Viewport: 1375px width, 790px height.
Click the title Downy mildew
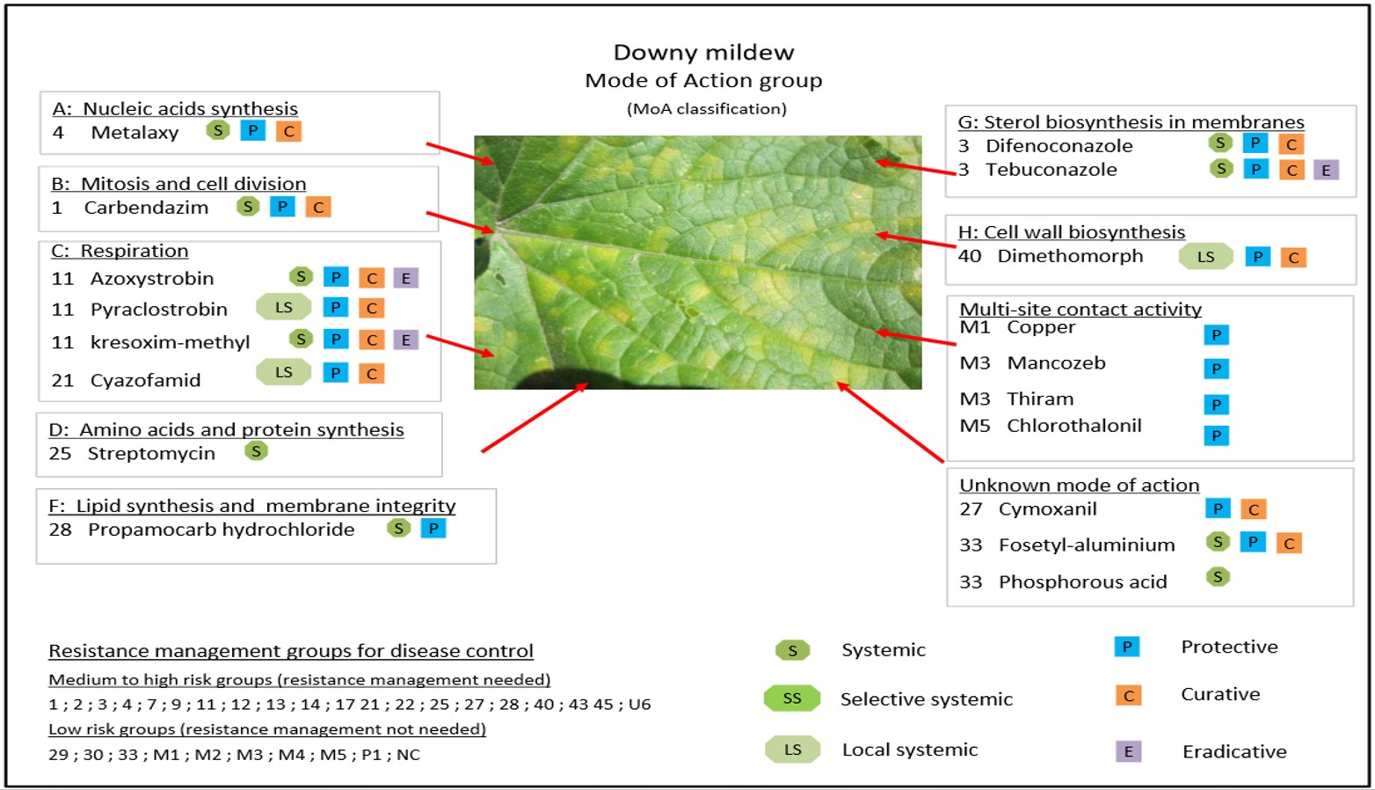(x=703, y=53)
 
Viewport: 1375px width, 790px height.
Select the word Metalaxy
(x=135, y=133)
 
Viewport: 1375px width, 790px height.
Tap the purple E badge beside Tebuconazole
(x=1326, y=170)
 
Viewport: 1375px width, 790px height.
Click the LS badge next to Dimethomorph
(x=1205, y=257)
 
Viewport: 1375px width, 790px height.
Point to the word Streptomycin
(x=151, y=454)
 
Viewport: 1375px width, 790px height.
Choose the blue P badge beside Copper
(x=1216, y=334)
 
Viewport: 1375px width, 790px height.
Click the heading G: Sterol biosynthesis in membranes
(x=1131, y=122)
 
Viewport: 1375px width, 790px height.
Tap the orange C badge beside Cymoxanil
(x=1254, y=509)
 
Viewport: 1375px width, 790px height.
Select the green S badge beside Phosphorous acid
(x=1218, y=577)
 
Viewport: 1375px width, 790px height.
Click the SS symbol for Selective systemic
(x=791, y=699)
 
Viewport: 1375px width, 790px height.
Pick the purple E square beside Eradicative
(x=1128, y=751)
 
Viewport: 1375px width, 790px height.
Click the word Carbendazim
(x=146, y=208)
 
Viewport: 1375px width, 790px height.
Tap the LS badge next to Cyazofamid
(x=283, y=372)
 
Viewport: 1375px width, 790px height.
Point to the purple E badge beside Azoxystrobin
(x=405, y=278)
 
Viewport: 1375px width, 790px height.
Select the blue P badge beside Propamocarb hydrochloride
(x=433, y=529)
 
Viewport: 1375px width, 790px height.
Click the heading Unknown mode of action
(x=1079, y=486)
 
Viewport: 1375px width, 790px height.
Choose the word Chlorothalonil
(x=1073, y=426)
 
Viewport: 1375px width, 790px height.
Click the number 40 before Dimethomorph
(x=969, y=256)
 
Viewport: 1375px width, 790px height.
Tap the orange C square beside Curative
(x=1128, y=696)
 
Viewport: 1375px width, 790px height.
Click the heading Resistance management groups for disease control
(x=291, y=651)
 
